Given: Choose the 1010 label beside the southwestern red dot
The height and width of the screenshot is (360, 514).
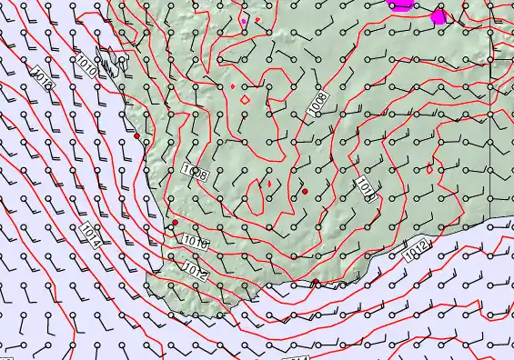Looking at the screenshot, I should point(195,242).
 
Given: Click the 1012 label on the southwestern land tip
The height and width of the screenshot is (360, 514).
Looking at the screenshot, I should point(196,269).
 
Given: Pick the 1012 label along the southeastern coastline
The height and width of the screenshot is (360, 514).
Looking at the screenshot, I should point(416,247).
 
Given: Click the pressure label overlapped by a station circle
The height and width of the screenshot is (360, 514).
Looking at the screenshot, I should point(196,171).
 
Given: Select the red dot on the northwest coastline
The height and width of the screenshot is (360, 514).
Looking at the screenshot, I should point(137,136).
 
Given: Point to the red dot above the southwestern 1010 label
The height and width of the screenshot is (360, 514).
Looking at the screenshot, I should point(176,222).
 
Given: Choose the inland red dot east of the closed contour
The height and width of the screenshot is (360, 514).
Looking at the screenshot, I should point(305,191).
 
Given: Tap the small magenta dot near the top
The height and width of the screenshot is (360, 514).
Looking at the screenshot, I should point(244,19).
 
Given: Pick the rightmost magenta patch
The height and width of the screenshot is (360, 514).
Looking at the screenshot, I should point(438,16).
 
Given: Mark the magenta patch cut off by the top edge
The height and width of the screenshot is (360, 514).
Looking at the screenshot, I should point(400,4).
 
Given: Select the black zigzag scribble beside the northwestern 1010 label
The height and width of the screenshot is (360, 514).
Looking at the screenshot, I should point(108,65).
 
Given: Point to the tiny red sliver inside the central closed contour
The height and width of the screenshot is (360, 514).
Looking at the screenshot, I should point(267,183).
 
